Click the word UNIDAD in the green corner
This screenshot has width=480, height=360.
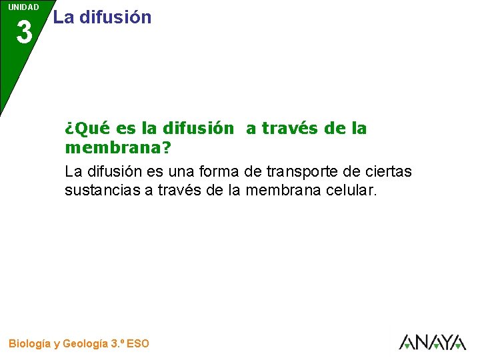click(23, 7)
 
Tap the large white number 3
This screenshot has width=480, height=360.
click(24, 32)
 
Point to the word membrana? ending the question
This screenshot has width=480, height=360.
click(118, 147)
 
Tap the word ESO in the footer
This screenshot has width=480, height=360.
click(137, 344)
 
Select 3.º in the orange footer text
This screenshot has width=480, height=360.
click(116, 344)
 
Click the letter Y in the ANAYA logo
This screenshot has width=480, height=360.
click(441, 343)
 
